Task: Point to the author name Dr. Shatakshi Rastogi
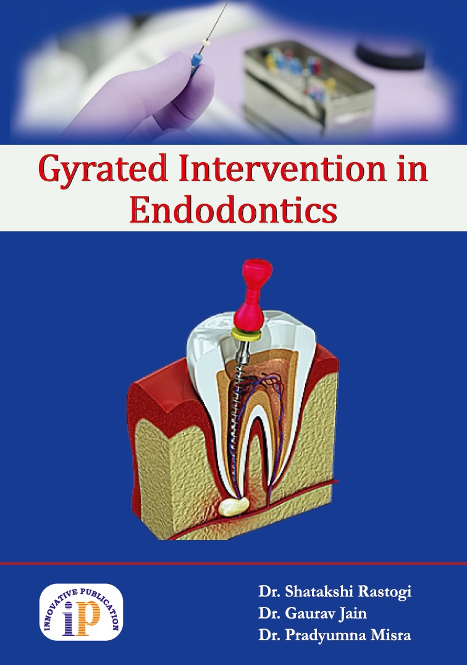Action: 335,591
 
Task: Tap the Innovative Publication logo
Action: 81,612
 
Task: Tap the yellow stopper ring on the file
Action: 246,335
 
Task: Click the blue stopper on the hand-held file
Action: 195,62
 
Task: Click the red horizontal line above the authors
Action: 233,564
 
